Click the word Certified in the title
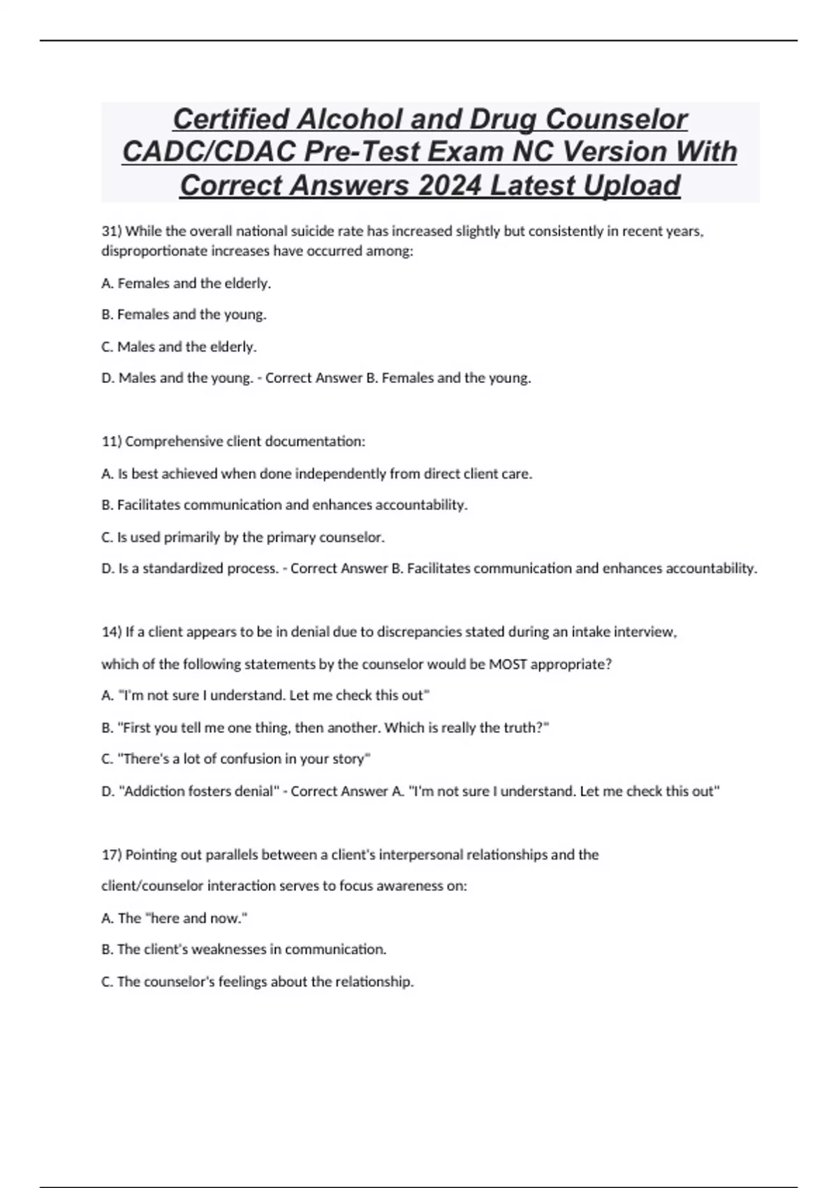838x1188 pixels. pos(230,119)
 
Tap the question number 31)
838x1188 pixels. pos(112,231)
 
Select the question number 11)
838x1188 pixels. pos(112,442)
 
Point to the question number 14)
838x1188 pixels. pos(112,632)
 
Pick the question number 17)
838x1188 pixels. pos(112,855)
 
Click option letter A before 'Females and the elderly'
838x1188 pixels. pos(107,283)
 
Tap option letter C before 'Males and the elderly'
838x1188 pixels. pos(107,347)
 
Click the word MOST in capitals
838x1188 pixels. pos(508,664)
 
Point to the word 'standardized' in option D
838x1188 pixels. pos(182,568)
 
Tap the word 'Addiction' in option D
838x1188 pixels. pos(154,791)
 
